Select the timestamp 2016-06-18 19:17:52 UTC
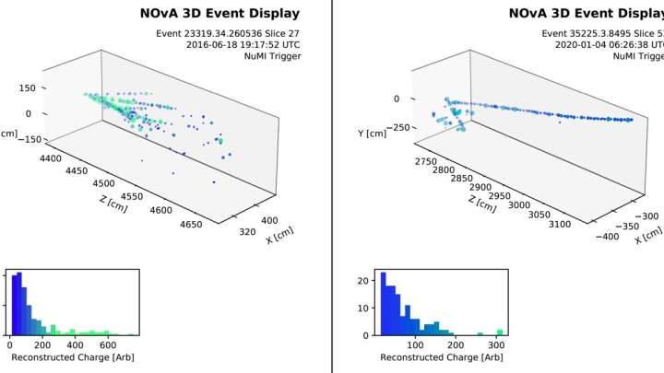pyautogui.click(x=243, y=43)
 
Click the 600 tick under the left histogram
pyautogui.click(x=108, y=345)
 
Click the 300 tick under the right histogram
pyautogui.click(x=499, y=345)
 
